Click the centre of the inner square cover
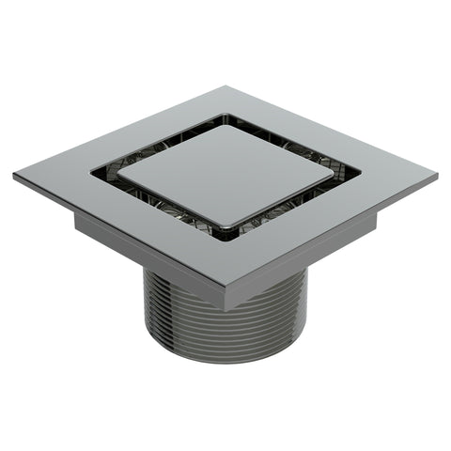225,175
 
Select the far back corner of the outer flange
225,87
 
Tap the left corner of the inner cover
118,176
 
